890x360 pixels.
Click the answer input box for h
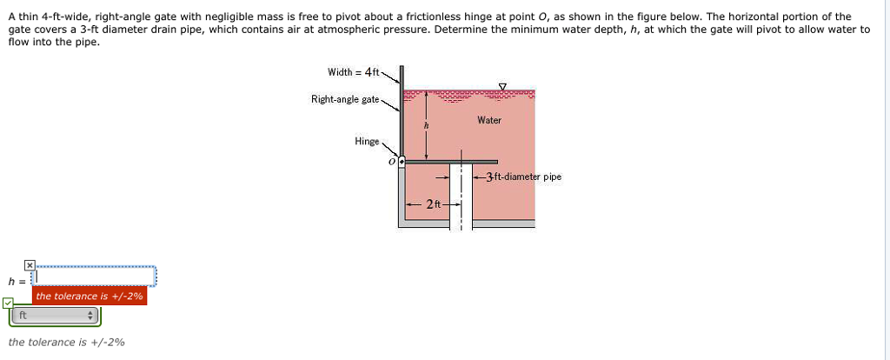pos(94,277)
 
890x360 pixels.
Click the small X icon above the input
pos(29,264)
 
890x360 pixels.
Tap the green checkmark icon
pos(8,303)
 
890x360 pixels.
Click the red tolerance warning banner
pos(90,297)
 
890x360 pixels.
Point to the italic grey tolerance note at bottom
pos(66,342)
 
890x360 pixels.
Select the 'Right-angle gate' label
pos(345,99)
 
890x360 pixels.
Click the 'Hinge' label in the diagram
pos(366,141)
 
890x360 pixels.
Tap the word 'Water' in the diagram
pos(489,120)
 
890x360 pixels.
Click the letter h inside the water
pos(426,126)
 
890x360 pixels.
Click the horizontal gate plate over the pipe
pos(452,162)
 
